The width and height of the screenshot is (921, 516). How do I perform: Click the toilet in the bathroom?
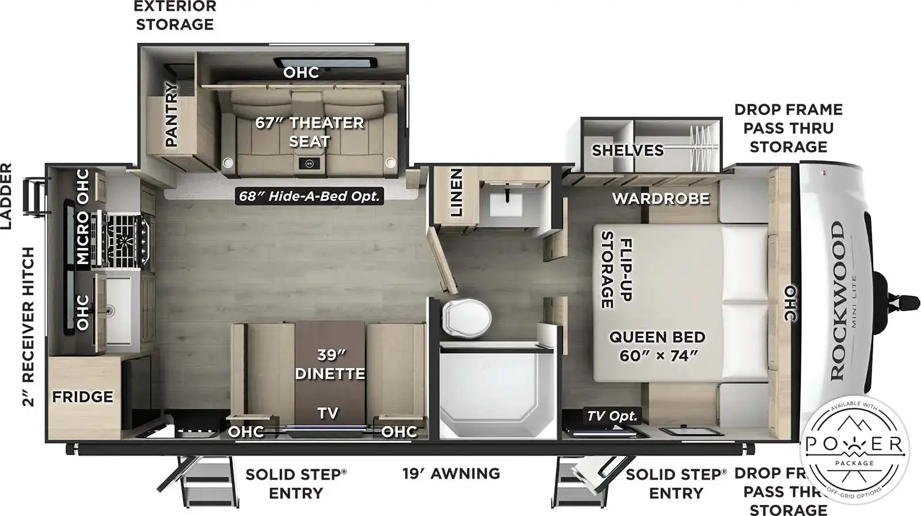pos(467,317)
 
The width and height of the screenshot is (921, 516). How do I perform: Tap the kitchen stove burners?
pos(125,239)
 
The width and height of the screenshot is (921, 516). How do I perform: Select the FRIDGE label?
pos(82,397)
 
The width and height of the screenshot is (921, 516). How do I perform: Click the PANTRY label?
pos(172,113)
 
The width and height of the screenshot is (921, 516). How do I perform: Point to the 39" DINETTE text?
pos(330,364)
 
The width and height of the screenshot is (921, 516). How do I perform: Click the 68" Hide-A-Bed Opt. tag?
pos(310,196)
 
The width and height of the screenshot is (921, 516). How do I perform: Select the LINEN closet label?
pos(456,192)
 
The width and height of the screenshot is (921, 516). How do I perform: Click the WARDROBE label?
pos(660,199)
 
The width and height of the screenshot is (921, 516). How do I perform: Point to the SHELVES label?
pos(627,151)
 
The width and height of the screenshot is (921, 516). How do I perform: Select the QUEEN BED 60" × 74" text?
pos(657,346)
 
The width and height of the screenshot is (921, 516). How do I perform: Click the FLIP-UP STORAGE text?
pos(616,269)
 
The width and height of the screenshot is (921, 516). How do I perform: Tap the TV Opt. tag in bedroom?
pos(612,416)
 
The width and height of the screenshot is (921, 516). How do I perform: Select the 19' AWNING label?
pos(451,473)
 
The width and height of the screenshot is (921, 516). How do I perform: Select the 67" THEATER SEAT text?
pos(310,132)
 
